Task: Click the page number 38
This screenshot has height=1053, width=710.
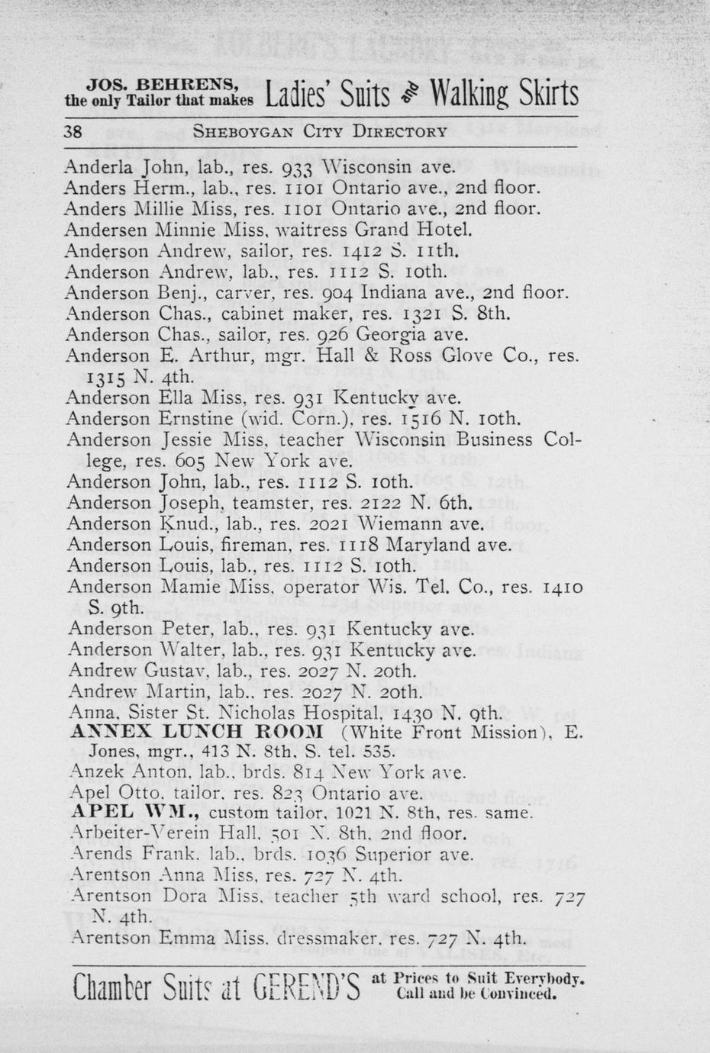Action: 73,130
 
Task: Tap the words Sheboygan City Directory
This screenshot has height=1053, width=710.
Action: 319,130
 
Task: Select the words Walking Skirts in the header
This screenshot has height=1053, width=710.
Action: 504,95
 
